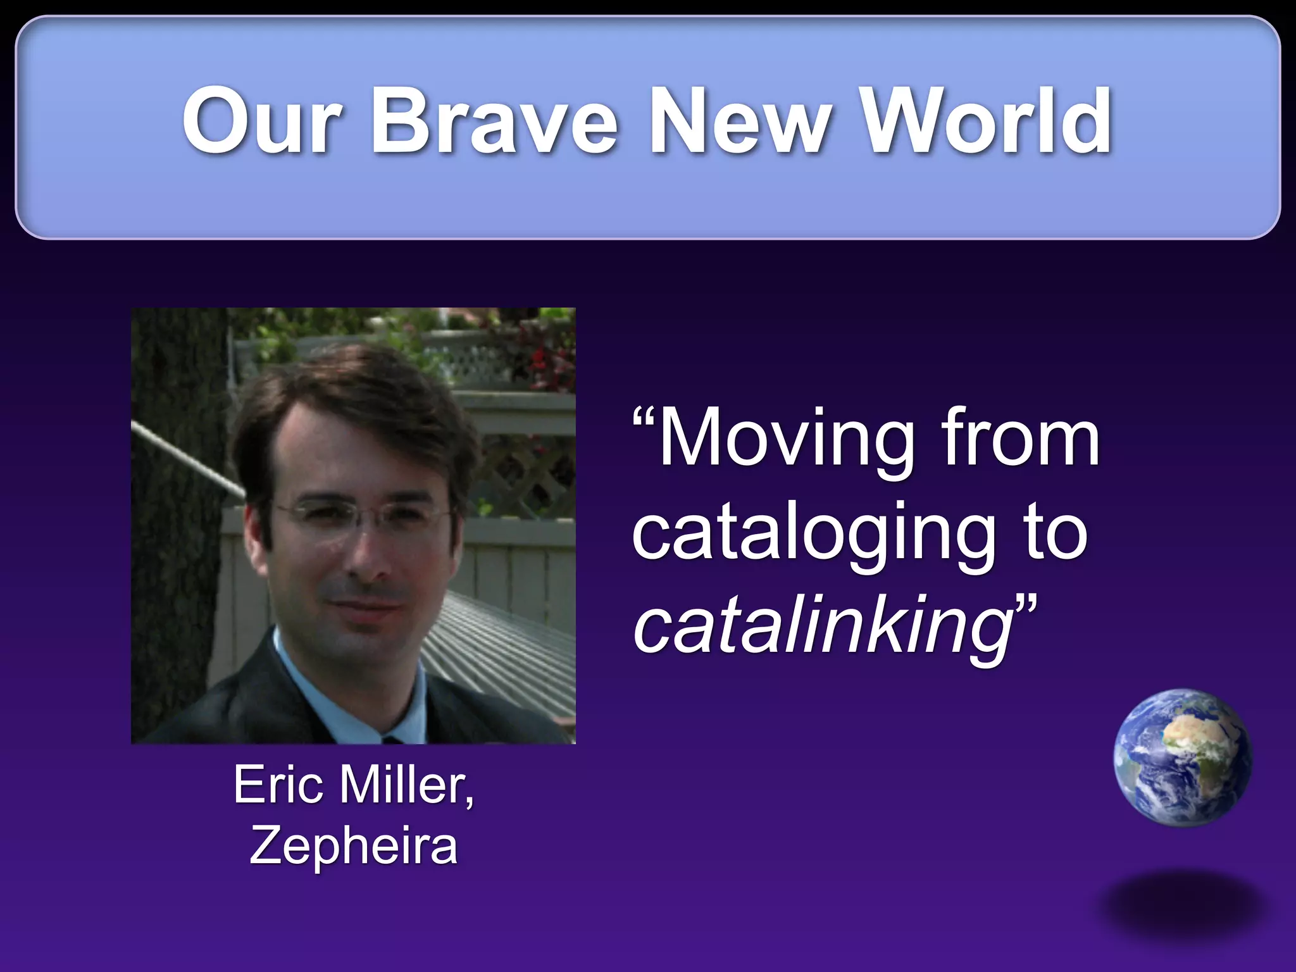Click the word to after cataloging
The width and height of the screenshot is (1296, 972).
pos(1056,533)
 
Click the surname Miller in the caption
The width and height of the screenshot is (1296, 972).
pos(405,785)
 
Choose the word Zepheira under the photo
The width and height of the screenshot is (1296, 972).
pos(353,845)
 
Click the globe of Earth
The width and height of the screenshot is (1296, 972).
pos(1182,758)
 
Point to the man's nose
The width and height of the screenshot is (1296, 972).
pos(370,557)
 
